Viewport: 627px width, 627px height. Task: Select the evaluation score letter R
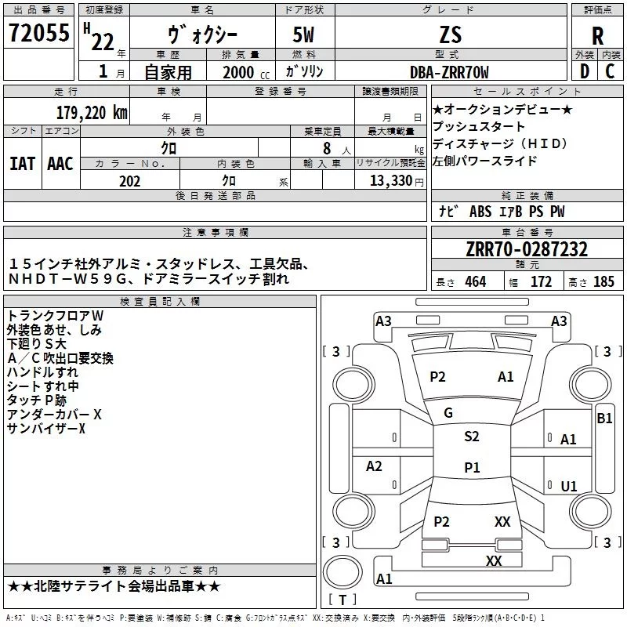pos(597,35)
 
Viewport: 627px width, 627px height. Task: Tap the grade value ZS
pos(451,34)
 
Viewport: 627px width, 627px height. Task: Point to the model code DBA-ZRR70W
pos(449,72)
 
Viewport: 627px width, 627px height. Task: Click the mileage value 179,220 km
pos(92,112)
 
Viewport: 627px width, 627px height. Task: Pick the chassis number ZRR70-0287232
pos(526,250)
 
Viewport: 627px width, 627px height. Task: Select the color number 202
pos(129,181)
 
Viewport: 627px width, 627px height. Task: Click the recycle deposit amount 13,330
pos(389,181)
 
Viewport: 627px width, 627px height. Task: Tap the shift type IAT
pos(22,164)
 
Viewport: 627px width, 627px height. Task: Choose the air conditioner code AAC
pos(60,164)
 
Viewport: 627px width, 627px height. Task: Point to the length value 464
pos(475,282)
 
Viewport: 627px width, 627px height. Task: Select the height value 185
pos(603,282)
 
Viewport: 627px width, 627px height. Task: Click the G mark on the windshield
pos(448,413)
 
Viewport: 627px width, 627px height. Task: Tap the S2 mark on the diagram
pos(471,437)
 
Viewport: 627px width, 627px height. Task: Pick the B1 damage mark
pos(604,419)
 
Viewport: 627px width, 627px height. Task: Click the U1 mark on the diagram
pos(569,487)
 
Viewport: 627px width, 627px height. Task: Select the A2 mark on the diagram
pos(374,466)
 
